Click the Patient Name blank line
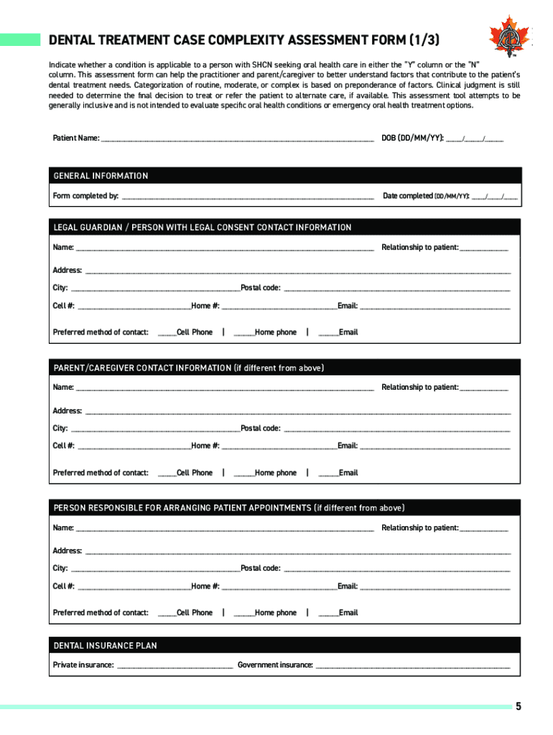click(237, 139)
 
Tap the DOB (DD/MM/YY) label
click(412, 137)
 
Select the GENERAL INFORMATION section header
click(101, 176)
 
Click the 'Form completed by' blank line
click(248, 197)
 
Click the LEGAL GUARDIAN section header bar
click(202, 228)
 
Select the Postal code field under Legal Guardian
click(396, 289)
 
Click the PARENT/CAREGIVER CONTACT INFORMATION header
click(189, 368)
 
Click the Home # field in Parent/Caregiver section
click(279, 446)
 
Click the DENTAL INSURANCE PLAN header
click(105, 646)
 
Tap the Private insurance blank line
click(175, 666)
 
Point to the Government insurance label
click(275, 665)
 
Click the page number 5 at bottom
click(518, 706)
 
